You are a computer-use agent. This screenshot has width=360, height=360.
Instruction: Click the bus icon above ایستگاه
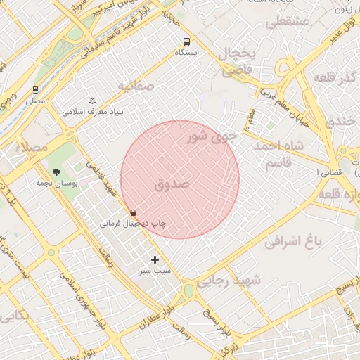[x=186, y=41]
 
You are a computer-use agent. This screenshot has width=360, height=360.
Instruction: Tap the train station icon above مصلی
[x=35, y=90]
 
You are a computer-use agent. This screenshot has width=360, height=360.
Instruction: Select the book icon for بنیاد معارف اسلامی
[x=93, y=101]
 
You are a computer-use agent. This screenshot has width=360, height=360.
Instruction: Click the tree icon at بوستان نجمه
[x=56, y=172]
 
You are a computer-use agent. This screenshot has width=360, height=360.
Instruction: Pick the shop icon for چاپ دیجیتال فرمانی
[x=133, y=212]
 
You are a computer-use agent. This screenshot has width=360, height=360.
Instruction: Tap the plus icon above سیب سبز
[x=155, y=259]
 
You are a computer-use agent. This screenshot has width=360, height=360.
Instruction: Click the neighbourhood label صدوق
[x=172, y=185]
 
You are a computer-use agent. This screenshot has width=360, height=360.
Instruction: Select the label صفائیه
[x=135, y=86]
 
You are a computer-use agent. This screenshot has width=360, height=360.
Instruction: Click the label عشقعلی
[x=288, y=22]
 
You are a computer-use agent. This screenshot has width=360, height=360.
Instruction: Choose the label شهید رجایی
[x=228, y=281]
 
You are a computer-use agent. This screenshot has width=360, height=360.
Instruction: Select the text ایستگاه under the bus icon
[x=186, y=53]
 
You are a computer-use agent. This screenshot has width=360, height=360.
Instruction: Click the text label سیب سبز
[x=155, y=271]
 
